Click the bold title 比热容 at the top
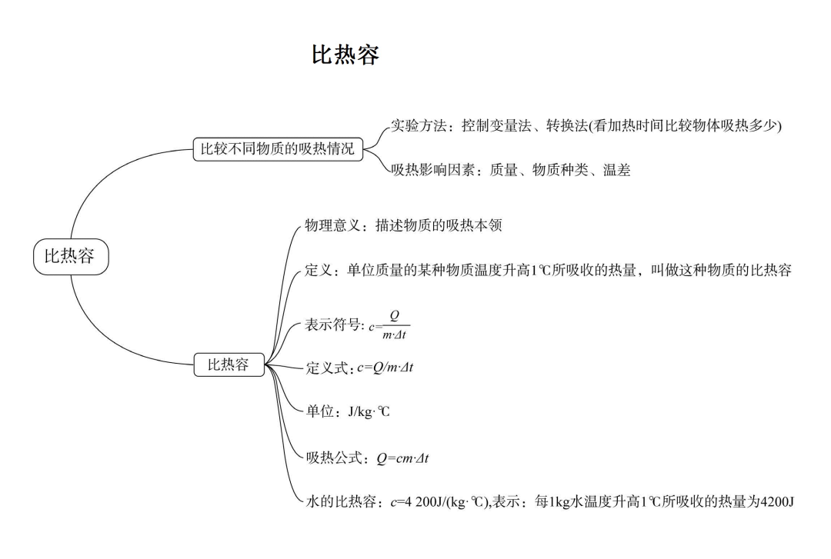point(345,55)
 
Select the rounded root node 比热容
point(71,256)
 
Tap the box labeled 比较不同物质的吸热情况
point(277,149)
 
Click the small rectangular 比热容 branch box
point(229,365)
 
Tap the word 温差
point(617,171)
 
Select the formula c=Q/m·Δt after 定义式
point(385,368)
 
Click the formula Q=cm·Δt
point(402,458)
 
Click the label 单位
point(319,412)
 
